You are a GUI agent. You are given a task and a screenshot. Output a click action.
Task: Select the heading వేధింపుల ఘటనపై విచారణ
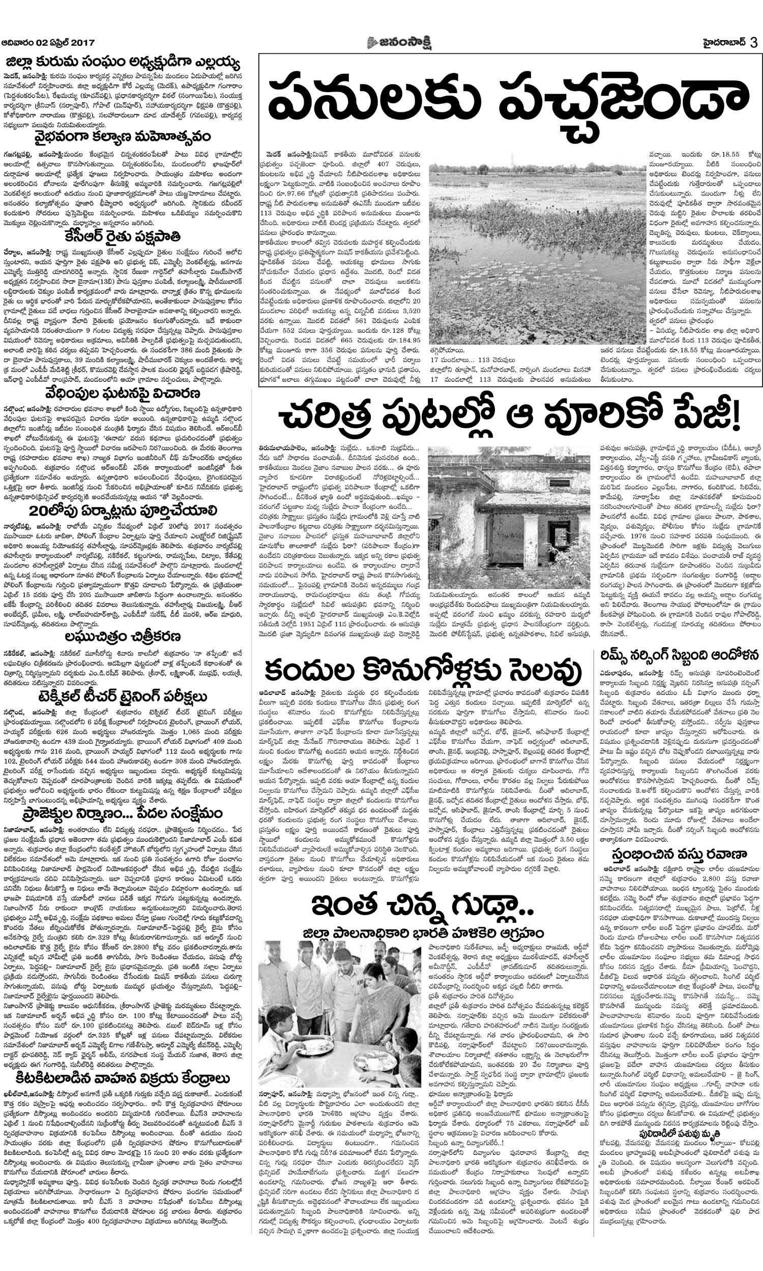tap(122, 394)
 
